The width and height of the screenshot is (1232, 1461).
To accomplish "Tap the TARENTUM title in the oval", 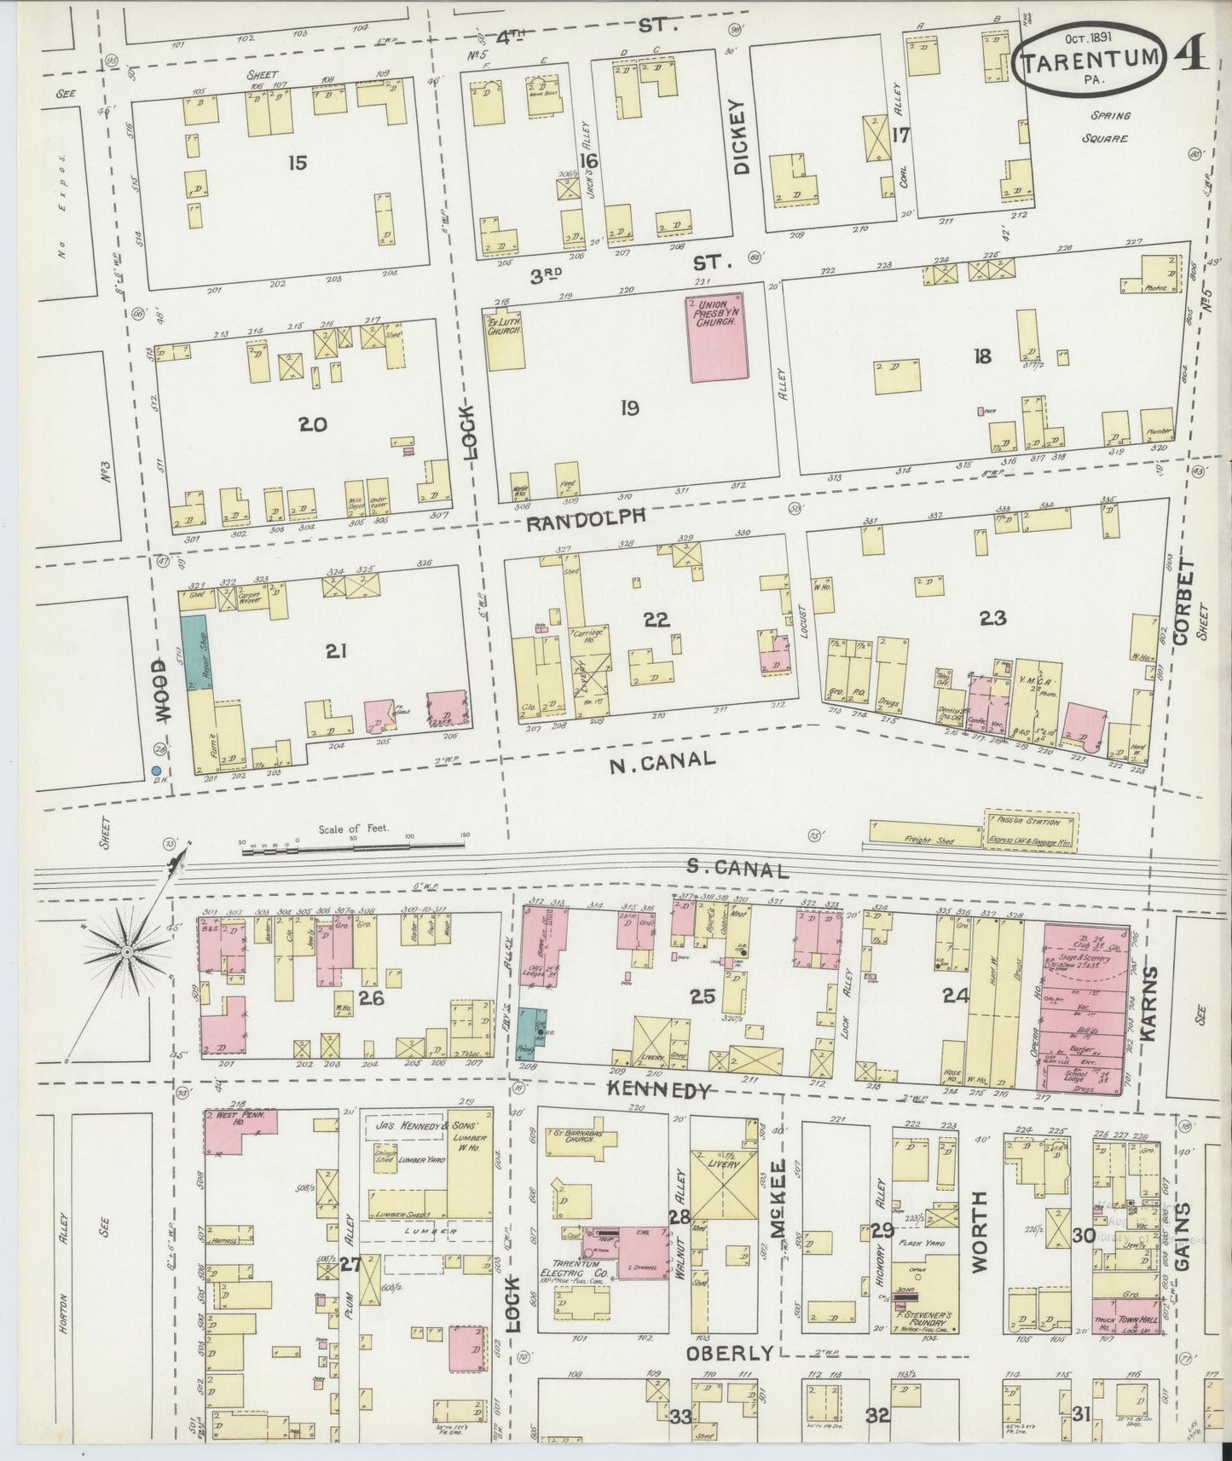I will click(x=1090, y=60).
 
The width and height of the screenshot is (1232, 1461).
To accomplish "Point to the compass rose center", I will click(x=126, y=950).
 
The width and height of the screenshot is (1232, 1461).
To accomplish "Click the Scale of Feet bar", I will click(x=354, y=847).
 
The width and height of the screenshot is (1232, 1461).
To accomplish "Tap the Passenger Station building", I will click(x=1031, y=828).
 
